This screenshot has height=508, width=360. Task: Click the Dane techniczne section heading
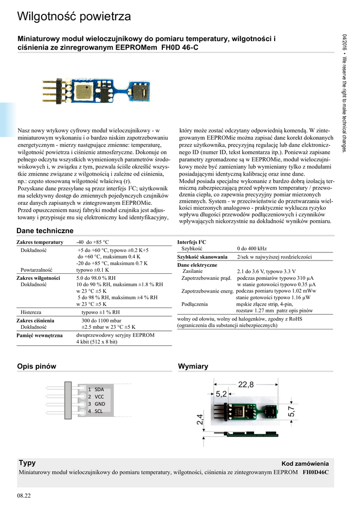click(x=45, y=231)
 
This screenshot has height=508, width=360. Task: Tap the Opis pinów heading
click(x=37, y=366)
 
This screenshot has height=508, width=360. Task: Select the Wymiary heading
click(x=193, y=366)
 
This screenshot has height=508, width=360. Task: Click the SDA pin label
click(x=99, y=389)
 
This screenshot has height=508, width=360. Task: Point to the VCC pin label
click(x=99, y=396)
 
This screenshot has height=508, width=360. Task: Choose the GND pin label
click(x=99, y=404)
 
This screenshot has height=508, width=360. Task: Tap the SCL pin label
click(x=98, y=411)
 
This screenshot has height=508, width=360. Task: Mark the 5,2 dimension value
click(x=221, y=394)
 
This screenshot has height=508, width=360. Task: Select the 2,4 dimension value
click(x=200, y=419)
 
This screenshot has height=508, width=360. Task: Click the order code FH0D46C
click(x=316, y=473)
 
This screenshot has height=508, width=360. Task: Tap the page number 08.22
click(x=24, y=496)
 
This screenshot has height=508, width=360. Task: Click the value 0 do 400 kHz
click(x=252, y=249)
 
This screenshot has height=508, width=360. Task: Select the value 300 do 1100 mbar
click(x=101, y=320)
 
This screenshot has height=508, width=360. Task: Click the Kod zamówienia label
click(x=305, y=463)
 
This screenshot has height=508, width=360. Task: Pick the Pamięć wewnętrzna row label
click(x=40, y=336)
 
